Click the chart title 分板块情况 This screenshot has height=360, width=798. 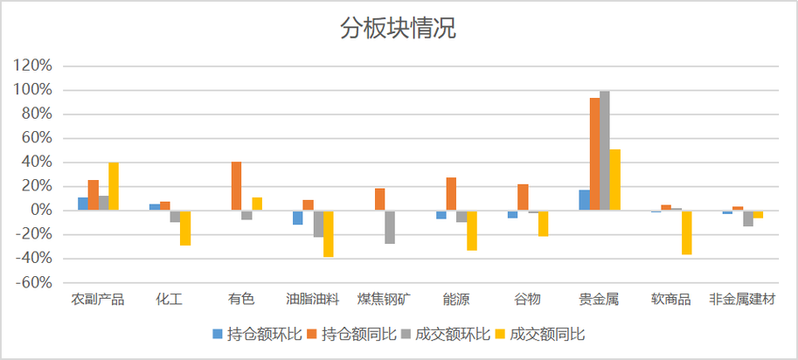point(398,29)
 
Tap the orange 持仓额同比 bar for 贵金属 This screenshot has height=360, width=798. point(594,154)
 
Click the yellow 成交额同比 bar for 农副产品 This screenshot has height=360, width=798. point(114,186)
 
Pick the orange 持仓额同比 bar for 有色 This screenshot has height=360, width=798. point(236,186)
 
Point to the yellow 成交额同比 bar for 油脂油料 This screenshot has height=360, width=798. point(329,233)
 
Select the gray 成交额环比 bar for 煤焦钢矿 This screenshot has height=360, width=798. point(390,227)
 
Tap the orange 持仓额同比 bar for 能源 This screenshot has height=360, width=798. point(451,194)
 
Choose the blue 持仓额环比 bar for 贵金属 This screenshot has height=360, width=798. point(584,200)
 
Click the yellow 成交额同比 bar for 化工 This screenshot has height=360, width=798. point(185,228)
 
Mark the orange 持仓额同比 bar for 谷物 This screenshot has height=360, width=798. point(523,197)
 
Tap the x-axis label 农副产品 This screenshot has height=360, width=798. point(98,300)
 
